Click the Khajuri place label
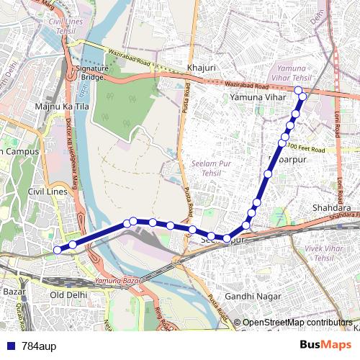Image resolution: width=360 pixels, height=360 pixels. [x=201, y=68]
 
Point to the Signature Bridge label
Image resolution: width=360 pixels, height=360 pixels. [x=91, y=72]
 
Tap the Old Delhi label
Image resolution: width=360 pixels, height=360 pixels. [x=68, y=295]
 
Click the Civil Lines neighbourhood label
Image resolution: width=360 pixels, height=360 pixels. [x=47, y=192]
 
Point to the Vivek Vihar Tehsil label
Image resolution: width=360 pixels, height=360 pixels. [x=325, y=253]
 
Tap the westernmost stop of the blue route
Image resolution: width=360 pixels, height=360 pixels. [x=58, y=250]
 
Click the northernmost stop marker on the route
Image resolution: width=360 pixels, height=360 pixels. [x=298, y=90]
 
